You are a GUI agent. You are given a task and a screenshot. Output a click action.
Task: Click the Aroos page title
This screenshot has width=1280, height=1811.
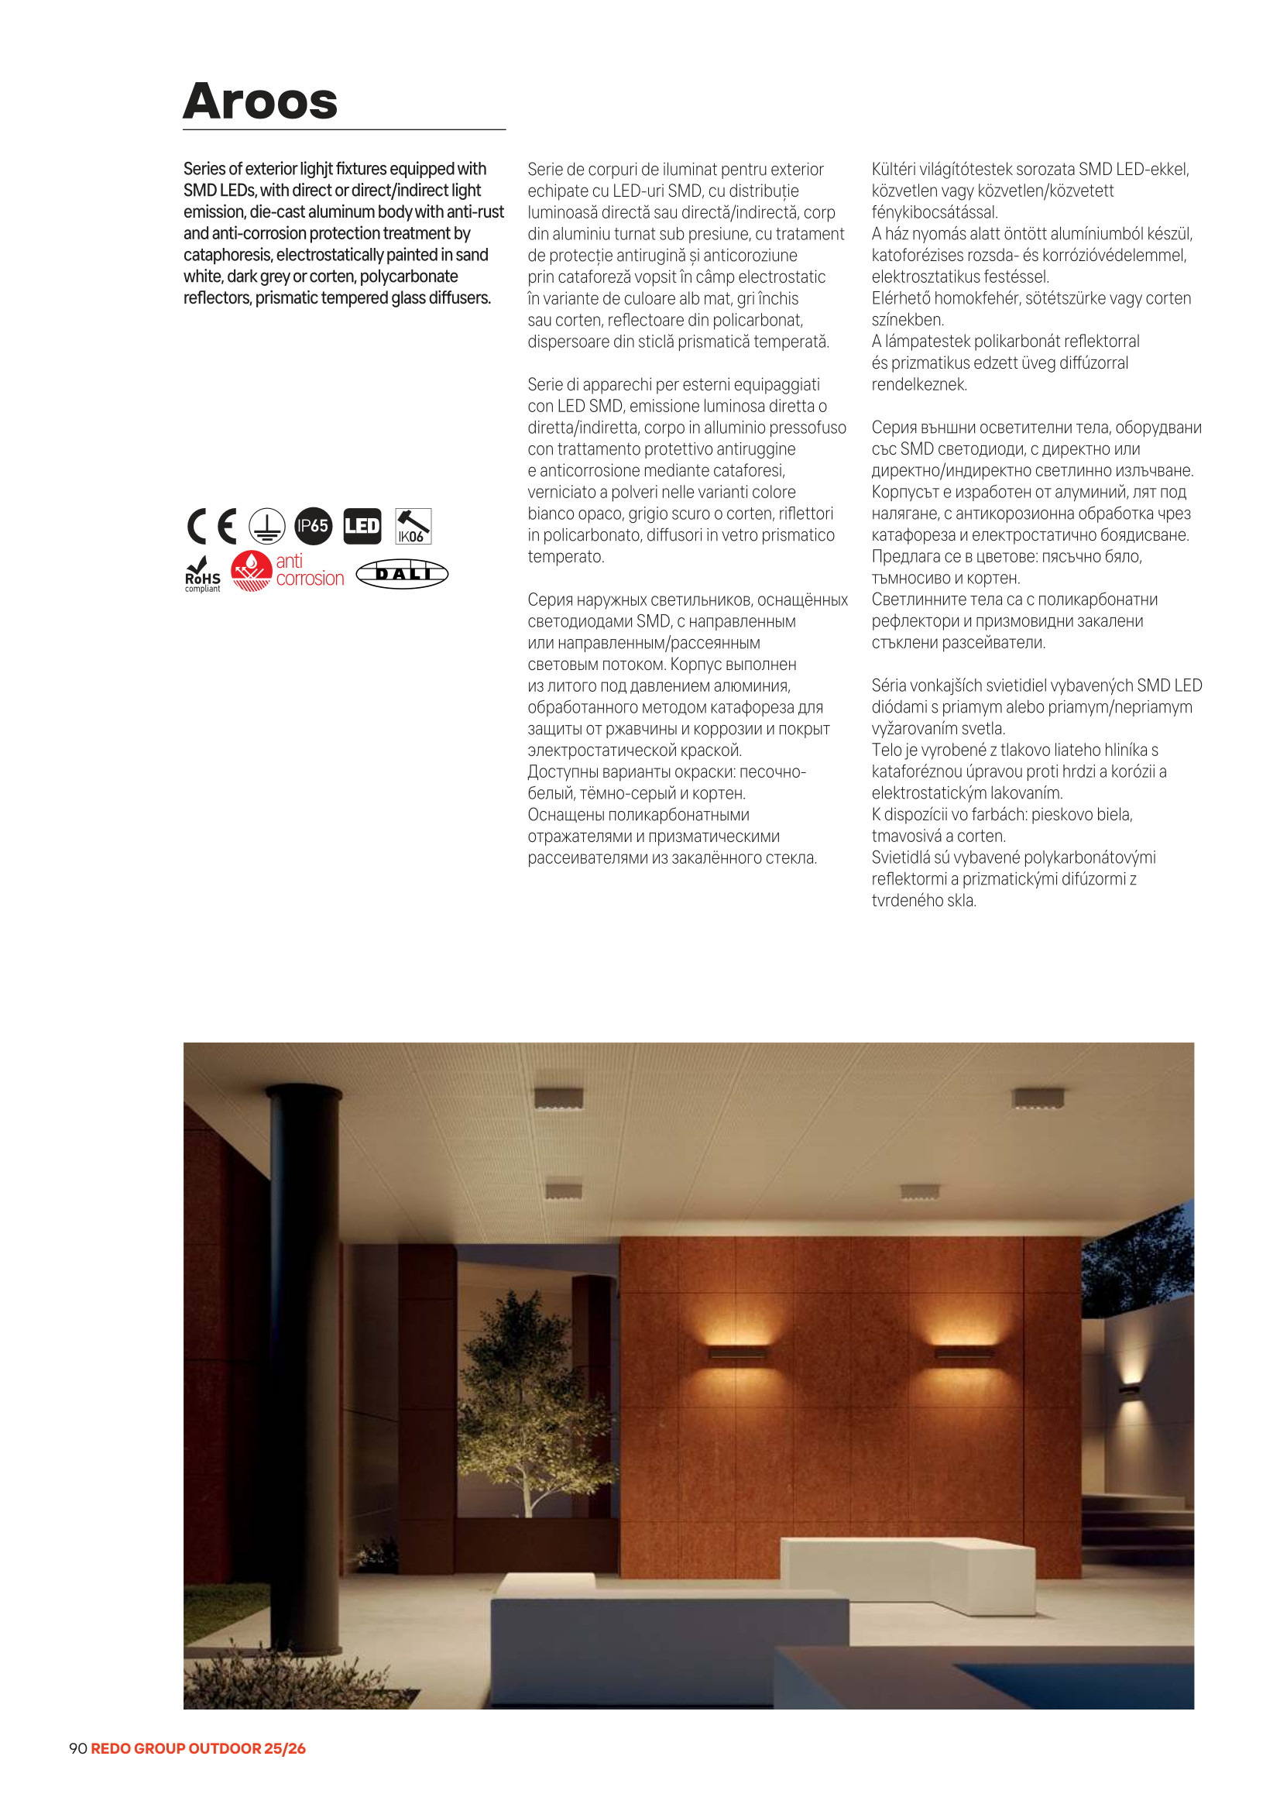pos(260,101)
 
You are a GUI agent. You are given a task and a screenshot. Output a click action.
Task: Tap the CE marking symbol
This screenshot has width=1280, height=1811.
pos(212,526)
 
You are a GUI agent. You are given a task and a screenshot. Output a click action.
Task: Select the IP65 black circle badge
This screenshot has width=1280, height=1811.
pos(313,526)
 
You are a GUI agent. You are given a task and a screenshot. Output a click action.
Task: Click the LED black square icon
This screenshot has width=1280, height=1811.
pos(362,526)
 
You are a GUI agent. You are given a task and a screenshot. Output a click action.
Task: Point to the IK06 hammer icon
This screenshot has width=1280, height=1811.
pos(413,526)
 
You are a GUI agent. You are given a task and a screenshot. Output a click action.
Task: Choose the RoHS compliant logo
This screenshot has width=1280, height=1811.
pos(203,575)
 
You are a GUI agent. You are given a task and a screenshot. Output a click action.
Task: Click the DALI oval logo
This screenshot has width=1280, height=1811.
pos(402,574)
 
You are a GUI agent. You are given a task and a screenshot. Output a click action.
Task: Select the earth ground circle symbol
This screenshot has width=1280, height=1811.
pos(267,526)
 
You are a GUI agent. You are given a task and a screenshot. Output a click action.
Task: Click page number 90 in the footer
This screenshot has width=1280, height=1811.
pos(77,1749)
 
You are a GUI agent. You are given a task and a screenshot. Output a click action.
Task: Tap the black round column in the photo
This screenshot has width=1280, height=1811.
pos(308,1341)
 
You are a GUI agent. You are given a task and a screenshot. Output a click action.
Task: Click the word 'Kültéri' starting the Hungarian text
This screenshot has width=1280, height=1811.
pos(893,170)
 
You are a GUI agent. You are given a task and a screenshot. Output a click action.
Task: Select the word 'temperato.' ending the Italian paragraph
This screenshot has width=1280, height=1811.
pos(565,557)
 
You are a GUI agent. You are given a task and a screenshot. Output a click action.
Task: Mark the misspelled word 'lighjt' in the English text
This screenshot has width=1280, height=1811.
pos(315,170)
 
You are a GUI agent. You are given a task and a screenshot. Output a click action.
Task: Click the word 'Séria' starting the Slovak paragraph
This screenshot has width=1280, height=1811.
pos(888,686)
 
